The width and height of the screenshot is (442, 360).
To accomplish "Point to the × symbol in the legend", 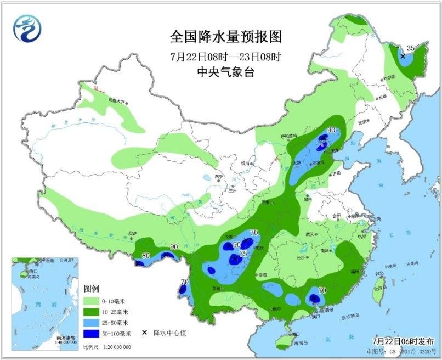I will click(144, 333).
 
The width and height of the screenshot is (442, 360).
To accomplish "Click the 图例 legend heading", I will click(91, 289).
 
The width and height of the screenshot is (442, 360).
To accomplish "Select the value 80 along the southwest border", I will click(146, 255).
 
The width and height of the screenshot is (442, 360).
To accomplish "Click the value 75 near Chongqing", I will click(242, 254).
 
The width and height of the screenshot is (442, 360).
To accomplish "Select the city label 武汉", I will click(310, 234).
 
